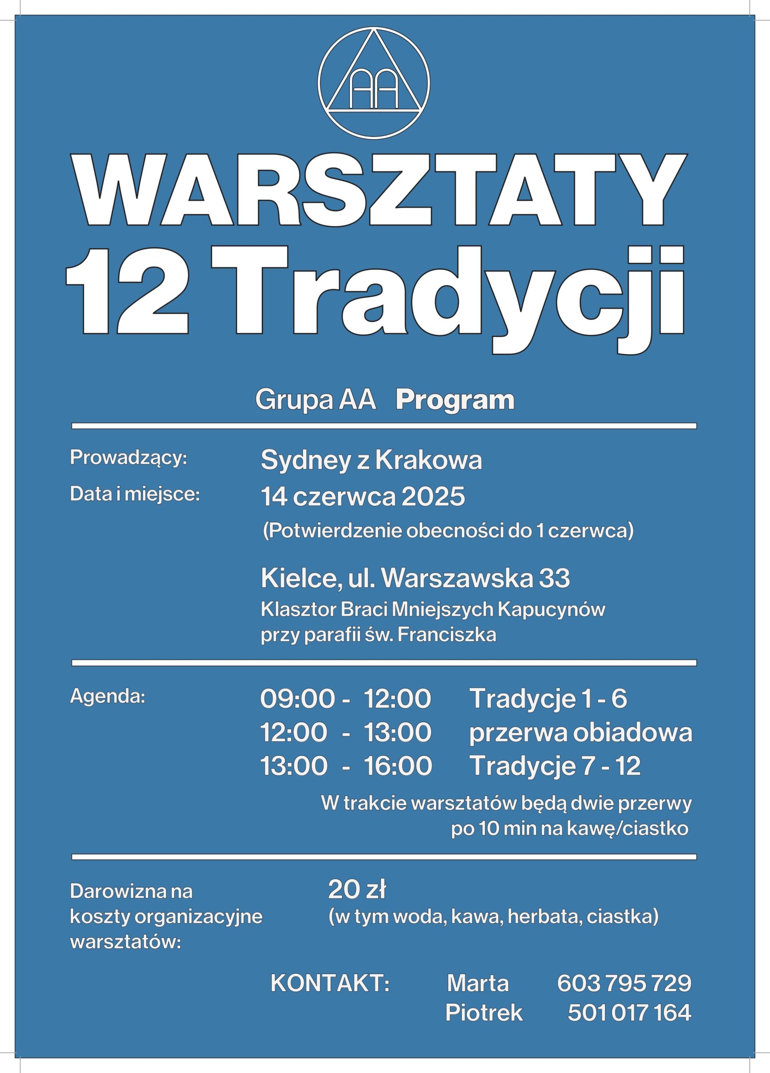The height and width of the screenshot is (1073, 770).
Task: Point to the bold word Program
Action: click(x=455, y=400)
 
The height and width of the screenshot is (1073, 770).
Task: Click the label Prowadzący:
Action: click(x=129, y=458)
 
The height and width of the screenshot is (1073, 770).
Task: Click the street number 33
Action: click(x=555, y=578)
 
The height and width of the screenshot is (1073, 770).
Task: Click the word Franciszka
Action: click(x=447, y=635)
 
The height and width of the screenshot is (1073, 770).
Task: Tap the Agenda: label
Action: click(x=107, y=697)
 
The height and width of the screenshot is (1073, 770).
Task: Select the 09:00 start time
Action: click(x=297, y=699)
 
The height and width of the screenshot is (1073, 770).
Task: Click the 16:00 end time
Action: click(x=397, y=767)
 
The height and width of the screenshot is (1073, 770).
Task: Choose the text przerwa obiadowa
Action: click(x=580, y=733)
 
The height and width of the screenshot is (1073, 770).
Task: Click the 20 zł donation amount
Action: click(x=357, y=890)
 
